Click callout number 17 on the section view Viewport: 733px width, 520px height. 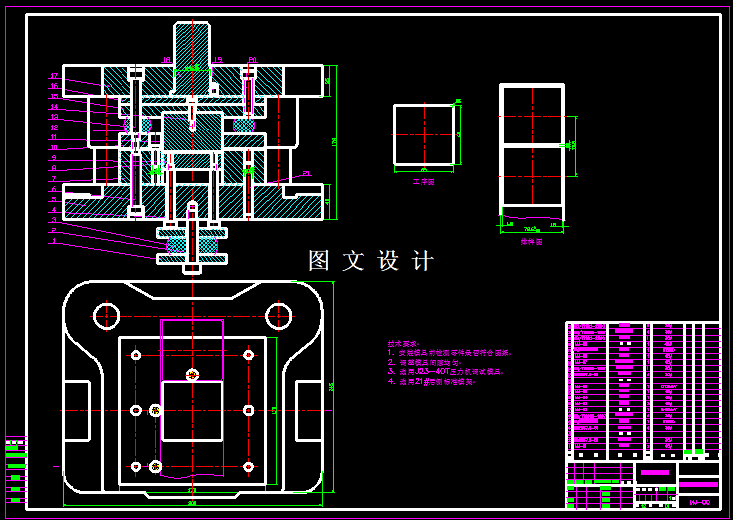54,76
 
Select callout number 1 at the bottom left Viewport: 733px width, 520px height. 54,241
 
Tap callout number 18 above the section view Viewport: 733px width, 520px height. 167,61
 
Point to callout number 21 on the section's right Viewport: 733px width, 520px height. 306,174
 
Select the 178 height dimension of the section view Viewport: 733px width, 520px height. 336,142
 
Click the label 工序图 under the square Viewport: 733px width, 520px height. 424,182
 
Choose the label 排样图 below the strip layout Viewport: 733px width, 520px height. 531,241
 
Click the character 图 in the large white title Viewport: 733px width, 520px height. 319,261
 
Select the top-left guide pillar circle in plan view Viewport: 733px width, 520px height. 107,316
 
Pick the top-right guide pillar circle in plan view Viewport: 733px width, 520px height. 277,316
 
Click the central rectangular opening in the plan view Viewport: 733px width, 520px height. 192,410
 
